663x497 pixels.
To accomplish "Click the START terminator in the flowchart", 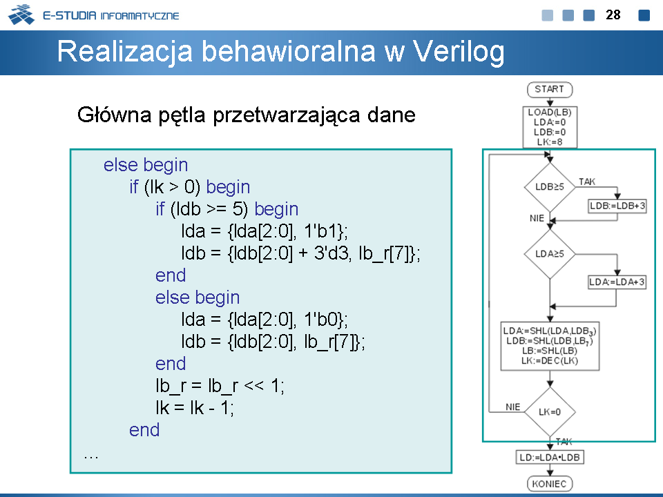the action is coord(550,90).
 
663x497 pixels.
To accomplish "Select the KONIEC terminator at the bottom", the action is coord(550,483).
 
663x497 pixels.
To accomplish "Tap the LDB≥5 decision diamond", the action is coord(550,187).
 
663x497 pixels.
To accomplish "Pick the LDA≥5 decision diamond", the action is coord(550,254).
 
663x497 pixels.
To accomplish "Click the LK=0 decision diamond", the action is coord(550,411).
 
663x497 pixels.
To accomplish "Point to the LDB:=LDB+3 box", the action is coord(617,206).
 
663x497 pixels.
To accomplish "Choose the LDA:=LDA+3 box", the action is coord(617,282).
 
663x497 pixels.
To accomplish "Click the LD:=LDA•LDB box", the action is coord(550,457).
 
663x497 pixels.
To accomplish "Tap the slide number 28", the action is coord(613,14).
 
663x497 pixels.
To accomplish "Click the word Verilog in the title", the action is coord(459,52).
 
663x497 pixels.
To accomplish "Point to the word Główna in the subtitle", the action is coord(114,115).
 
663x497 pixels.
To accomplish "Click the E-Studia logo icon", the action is coord(21,14).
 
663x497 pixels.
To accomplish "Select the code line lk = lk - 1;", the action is coord(195,408).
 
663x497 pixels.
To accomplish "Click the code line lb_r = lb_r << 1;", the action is coord(220,386).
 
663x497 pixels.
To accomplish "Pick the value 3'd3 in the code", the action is coord(331,253).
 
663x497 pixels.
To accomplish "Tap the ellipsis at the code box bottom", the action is coord(91,456).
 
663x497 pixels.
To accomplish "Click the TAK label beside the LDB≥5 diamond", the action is coord(587,182).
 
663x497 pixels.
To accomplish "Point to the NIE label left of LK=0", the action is coord(513,407).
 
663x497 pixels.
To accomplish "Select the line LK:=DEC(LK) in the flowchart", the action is coord(550,360).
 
